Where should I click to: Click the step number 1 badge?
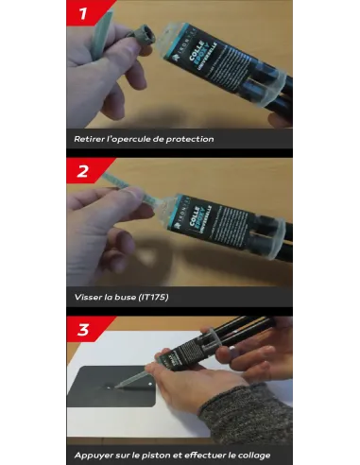(83, 13)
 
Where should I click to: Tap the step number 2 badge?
(83, 171)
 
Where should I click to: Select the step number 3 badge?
(83, 328)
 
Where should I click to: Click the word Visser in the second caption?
(88, 296)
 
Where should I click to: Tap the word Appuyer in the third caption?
(94, 455)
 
